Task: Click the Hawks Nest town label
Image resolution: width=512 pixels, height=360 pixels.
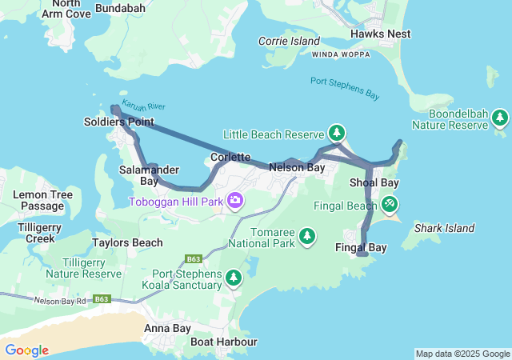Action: click(380, 34)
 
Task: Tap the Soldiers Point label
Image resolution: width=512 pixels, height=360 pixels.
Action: click(118, 122)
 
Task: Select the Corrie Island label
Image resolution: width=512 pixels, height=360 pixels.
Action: click(289, 41)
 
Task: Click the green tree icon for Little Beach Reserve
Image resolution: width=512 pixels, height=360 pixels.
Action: click(337, 132)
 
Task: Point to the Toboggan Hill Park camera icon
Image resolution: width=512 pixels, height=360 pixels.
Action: click(235, 199)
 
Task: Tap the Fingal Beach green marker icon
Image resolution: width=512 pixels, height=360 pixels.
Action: click(390, 205)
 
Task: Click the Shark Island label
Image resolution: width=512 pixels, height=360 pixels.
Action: click(438, 228)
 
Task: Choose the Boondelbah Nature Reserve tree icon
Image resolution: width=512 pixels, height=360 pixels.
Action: click(500, 118)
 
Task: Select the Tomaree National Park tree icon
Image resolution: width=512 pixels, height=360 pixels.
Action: click(306, 235)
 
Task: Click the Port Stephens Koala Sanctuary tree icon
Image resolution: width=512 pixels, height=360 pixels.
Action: click(233, 278)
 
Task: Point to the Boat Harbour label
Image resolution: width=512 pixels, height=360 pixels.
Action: click(224, 342)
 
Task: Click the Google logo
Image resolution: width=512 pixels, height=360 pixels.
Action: click(26, 350)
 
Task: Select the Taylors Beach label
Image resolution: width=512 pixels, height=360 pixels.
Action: click(127, 242)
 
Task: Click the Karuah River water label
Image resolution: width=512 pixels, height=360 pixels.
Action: click(144, 106)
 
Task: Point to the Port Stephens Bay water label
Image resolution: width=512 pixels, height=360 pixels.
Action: click(345, 87)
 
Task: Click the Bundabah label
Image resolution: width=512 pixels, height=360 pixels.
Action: click(120, 8)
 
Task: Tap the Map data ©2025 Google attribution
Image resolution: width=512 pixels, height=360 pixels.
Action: click(462, 354)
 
